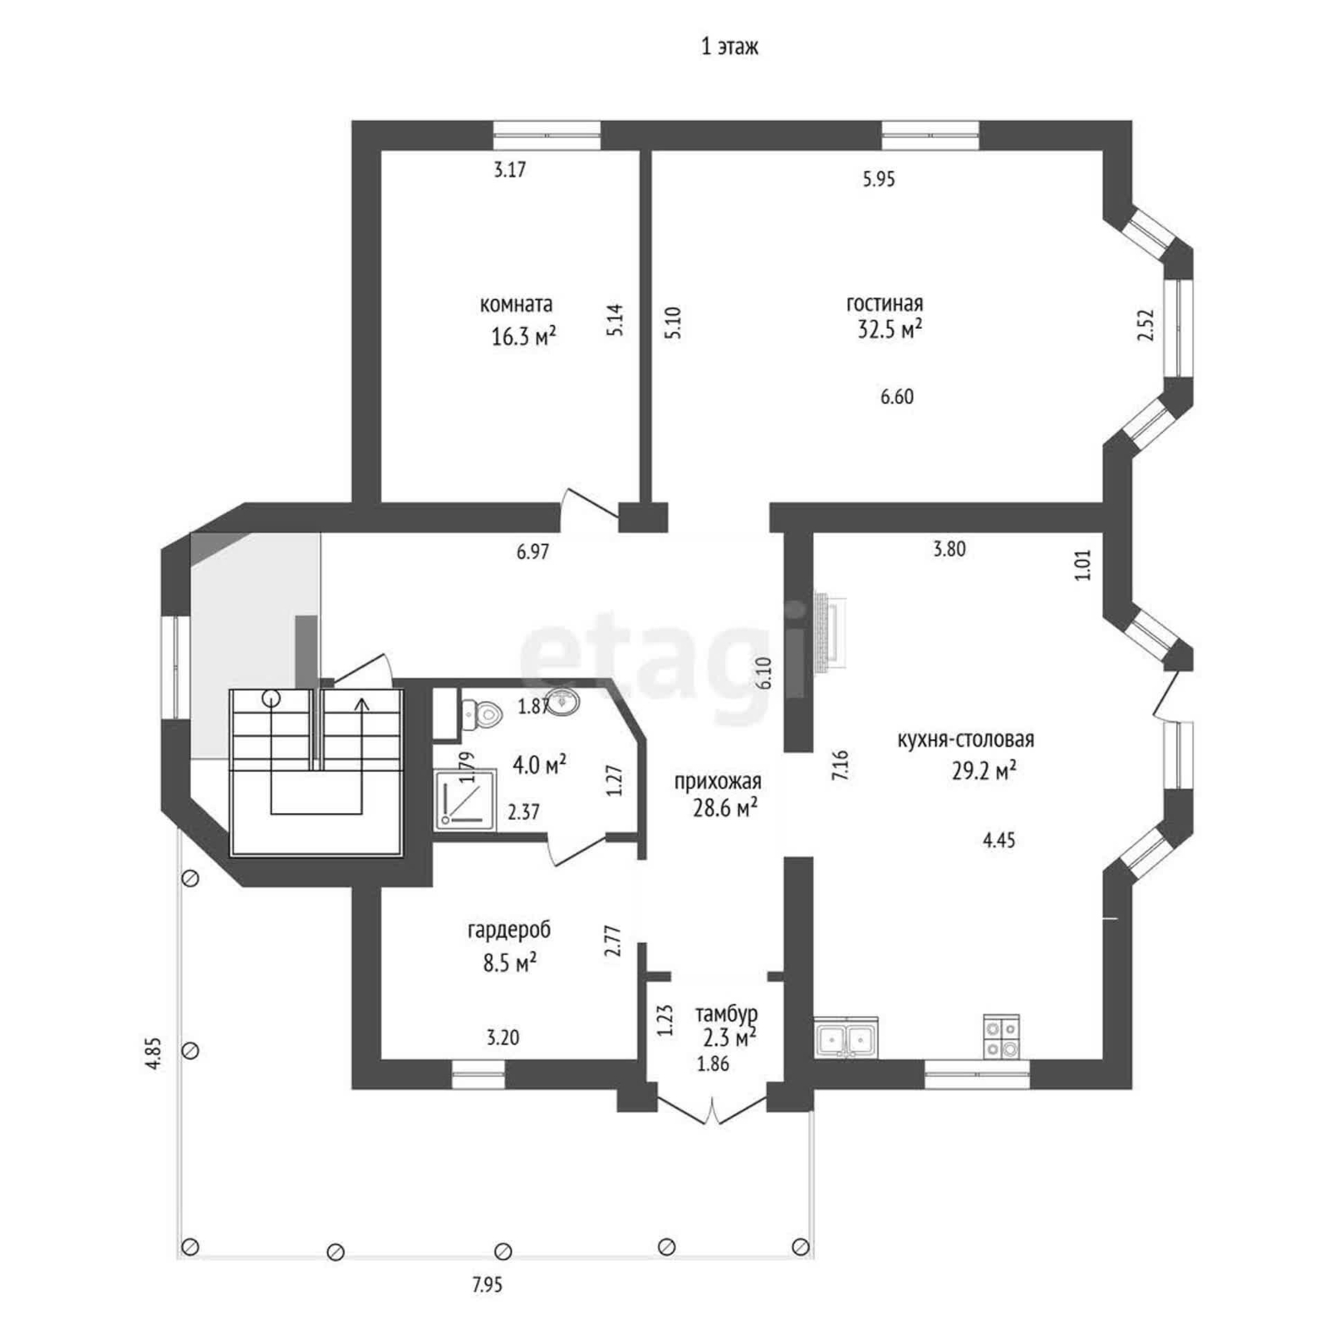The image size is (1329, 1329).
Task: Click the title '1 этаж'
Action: [x=729, y=47]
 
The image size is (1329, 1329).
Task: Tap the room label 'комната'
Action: [x=516, y=304]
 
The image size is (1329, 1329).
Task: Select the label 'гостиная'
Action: [x=885, y=304]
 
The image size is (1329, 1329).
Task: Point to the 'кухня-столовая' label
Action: [x=965, y=739]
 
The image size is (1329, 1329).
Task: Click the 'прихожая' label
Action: [x=718, y=782]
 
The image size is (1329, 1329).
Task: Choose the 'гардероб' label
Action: [x=509, y=931]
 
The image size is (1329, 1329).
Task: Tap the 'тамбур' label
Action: [x=726, y=1014]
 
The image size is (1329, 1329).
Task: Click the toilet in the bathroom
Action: [x=481, y=713]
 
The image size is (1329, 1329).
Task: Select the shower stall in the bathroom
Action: [x=464, y=800]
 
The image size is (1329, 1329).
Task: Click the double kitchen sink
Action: [x=846, y=1038]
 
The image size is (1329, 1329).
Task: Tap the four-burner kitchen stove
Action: [x=1001, y=1037]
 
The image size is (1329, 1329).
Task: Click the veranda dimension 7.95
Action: [x=488, y=1285]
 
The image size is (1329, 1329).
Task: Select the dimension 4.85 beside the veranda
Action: [x=153, y=1053]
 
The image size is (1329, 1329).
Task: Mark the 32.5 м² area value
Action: [x=890, y=329]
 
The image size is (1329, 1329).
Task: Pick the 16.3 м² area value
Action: [x=523, y=336]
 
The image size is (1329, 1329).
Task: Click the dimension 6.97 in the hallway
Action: [x=532, y=552]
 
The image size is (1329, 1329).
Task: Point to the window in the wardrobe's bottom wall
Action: [x=478, y=1075]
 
